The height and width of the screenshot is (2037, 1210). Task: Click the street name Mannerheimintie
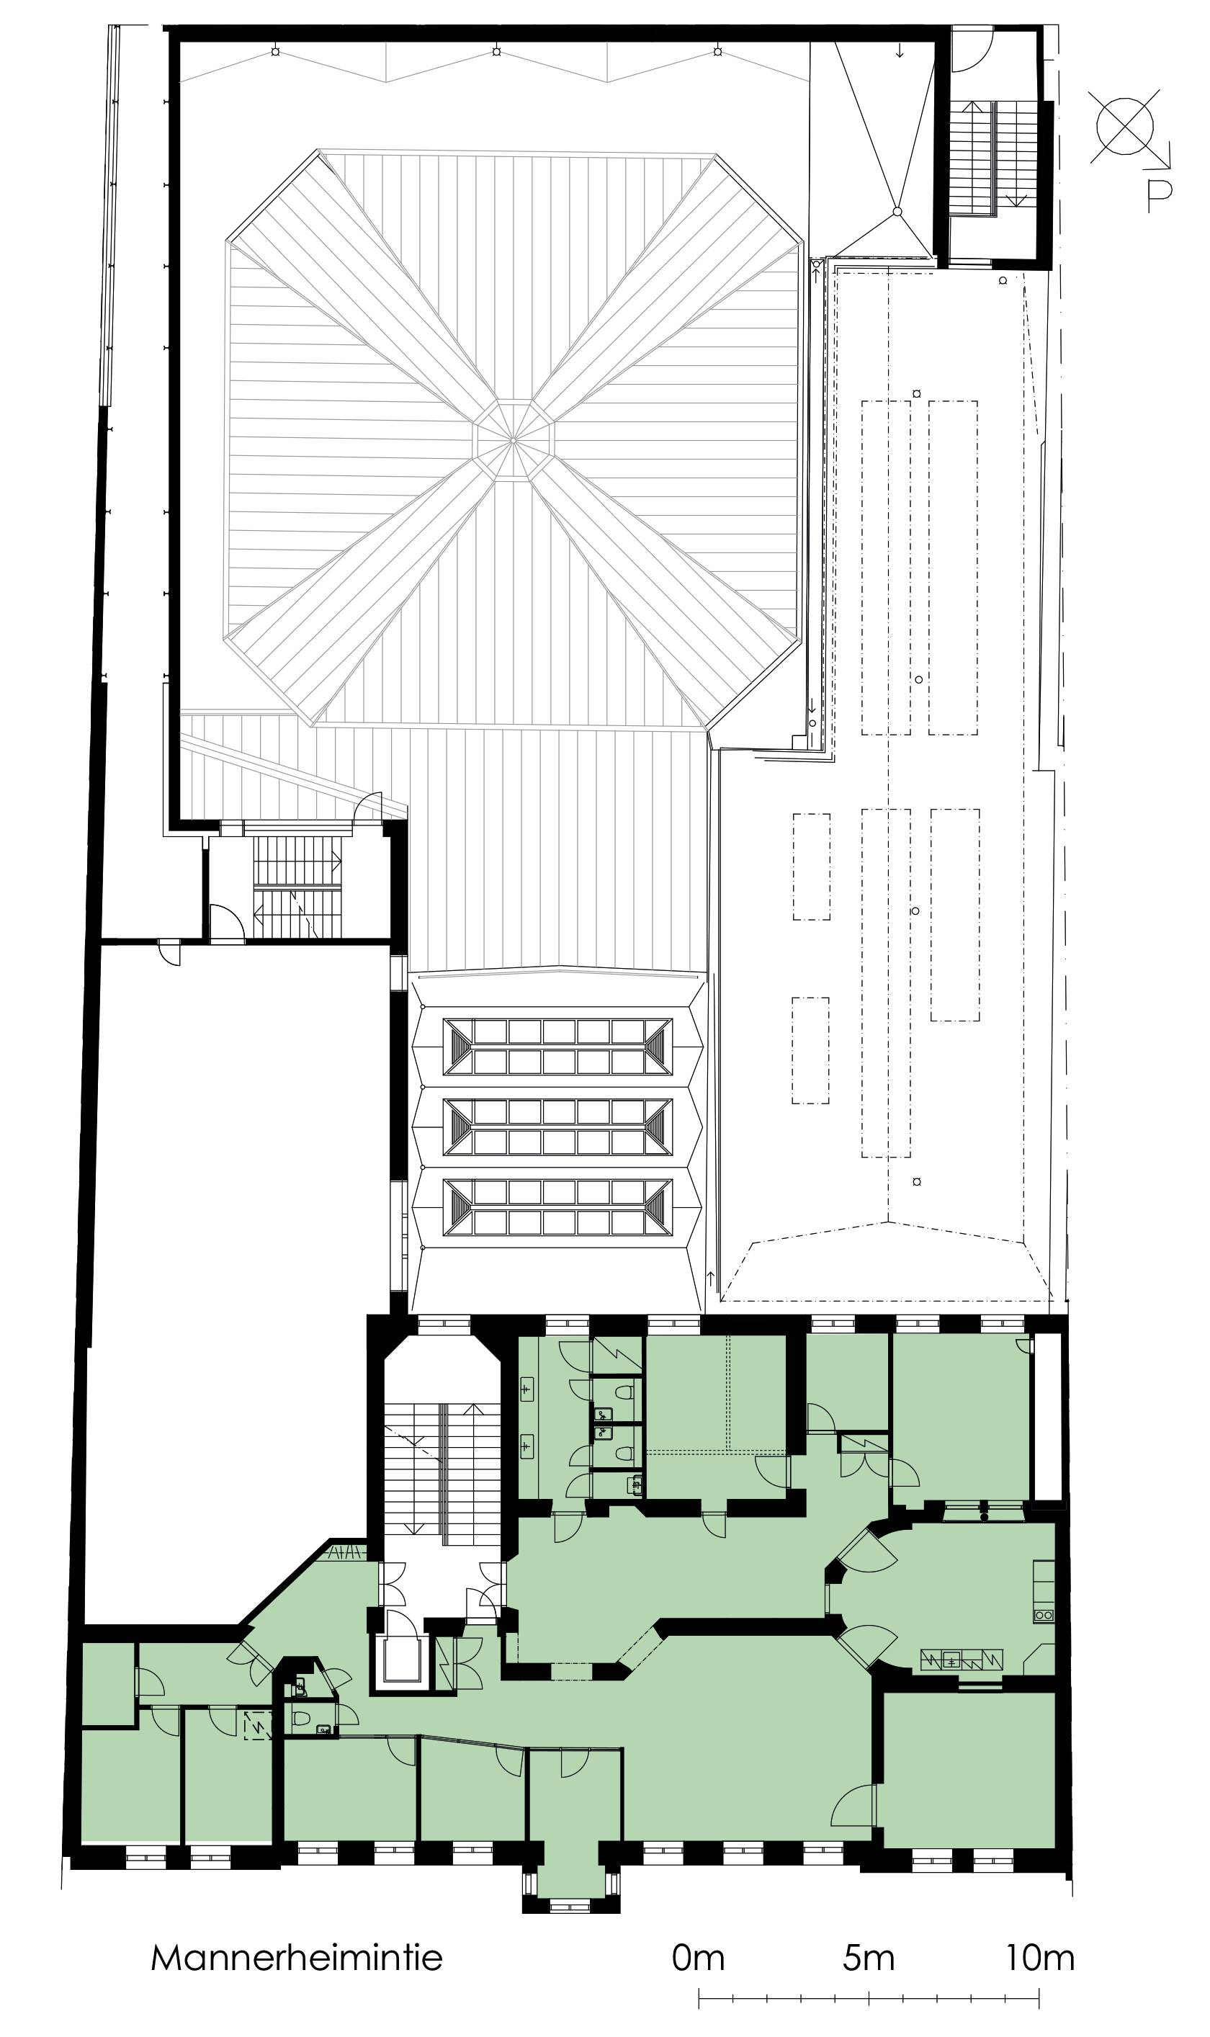pos(297,1956)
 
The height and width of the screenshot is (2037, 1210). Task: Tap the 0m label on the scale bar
pos(698,1956)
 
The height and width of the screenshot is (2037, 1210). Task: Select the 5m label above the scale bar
pos(869,1956)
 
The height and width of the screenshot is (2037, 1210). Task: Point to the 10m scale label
pos(1039,1956)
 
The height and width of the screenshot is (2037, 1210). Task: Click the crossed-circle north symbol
pos(1125,125)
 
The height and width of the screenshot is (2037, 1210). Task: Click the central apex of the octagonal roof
pos(513,440)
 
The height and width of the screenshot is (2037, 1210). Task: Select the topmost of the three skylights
pos(557,1046)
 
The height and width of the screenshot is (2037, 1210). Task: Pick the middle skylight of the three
pos(557,1127)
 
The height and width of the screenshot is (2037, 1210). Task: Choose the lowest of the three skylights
pos(557,1207)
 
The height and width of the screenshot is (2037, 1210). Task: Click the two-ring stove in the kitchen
pos(1044,1615)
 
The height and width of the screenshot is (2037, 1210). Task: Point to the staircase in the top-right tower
pos(992,158)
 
